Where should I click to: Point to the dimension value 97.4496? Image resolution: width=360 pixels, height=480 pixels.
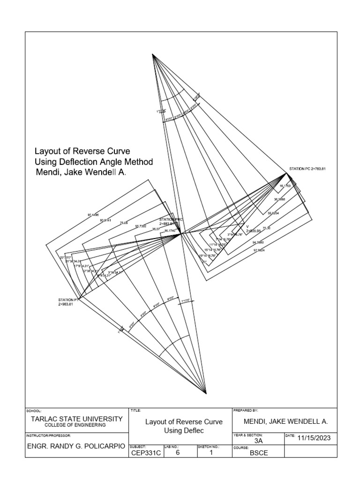pos(93,215)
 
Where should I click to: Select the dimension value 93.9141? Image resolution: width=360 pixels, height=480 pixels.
pos(105,219)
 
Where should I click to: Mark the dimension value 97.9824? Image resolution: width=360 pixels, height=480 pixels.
pos(259,250)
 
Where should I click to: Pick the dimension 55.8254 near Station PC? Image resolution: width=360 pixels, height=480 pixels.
pos(273,213)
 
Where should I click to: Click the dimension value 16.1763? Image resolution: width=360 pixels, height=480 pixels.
pos(285,186)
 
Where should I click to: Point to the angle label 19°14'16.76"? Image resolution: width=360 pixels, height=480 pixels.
pos(207,256)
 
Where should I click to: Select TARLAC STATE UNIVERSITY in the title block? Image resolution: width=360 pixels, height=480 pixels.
pos(77,419)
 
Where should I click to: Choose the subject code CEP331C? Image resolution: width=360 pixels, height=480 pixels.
pos(145,453)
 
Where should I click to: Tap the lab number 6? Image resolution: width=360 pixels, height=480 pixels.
pos(177,453)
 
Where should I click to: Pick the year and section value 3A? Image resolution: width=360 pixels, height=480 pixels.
pos(258,441)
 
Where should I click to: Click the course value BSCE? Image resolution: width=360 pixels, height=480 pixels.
pos(258,453)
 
